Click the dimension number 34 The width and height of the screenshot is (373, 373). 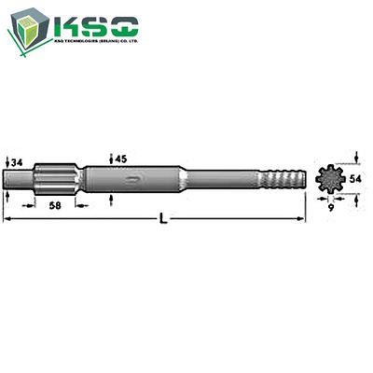(17, 163)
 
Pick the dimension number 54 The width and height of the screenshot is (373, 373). (358, 176)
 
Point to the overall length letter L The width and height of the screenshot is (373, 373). (164, 219)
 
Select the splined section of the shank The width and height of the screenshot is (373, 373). (60, 176)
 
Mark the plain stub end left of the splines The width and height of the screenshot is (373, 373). (21, 177)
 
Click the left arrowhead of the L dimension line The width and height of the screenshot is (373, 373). (7, 219)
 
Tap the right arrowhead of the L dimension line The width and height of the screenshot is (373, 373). (306, 219)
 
